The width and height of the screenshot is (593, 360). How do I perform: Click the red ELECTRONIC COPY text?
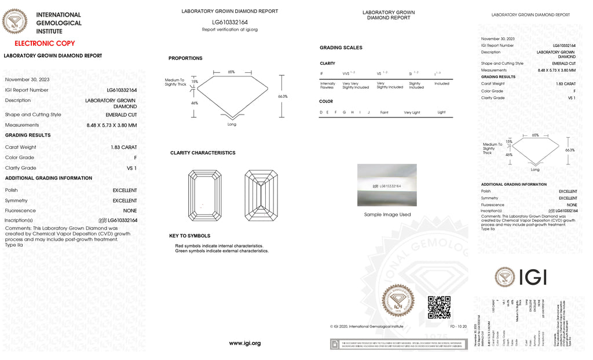pos(45,43)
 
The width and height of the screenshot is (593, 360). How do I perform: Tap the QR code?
pos(439,307)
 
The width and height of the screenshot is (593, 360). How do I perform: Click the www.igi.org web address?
pos(245,343)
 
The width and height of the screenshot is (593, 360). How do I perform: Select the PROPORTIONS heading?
pos(185,58)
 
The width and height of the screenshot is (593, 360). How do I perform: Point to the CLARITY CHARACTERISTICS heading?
pos(203,153)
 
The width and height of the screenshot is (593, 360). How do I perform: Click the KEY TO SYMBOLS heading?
pos(190,236)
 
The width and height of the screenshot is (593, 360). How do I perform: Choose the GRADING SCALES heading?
pos(341,47)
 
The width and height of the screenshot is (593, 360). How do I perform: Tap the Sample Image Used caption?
pos(387,215)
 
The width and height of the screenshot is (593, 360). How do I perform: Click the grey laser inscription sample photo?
pos(387,185)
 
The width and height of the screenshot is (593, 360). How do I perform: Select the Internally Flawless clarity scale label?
pos(327,86)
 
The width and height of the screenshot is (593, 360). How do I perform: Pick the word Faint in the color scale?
pos(384,112)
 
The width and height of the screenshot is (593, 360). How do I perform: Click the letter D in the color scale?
pos(321,112)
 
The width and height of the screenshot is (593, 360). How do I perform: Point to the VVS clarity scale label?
pos(349,74)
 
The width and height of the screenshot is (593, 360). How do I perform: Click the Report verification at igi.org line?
pos(229,30)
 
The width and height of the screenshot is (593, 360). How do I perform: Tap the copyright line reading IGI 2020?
pos(366,326)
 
